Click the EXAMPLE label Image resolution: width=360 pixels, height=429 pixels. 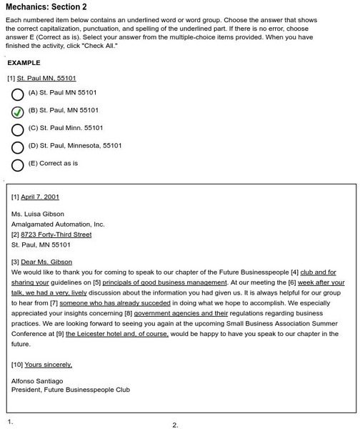click(24, 63)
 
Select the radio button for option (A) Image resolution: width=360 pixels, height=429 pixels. click(18, 94)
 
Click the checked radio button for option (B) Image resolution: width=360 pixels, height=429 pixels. click(18, 112)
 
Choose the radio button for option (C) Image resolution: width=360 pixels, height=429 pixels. click(18, 130)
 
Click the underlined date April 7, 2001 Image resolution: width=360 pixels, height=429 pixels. click(40, 197)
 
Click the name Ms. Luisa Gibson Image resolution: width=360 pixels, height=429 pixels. click(38, 214)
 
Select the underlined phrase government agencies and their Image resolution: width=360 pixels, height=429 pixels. click(181, 313)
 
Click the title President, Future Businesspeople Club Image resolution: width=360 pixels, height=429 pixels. click(71, 390)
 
